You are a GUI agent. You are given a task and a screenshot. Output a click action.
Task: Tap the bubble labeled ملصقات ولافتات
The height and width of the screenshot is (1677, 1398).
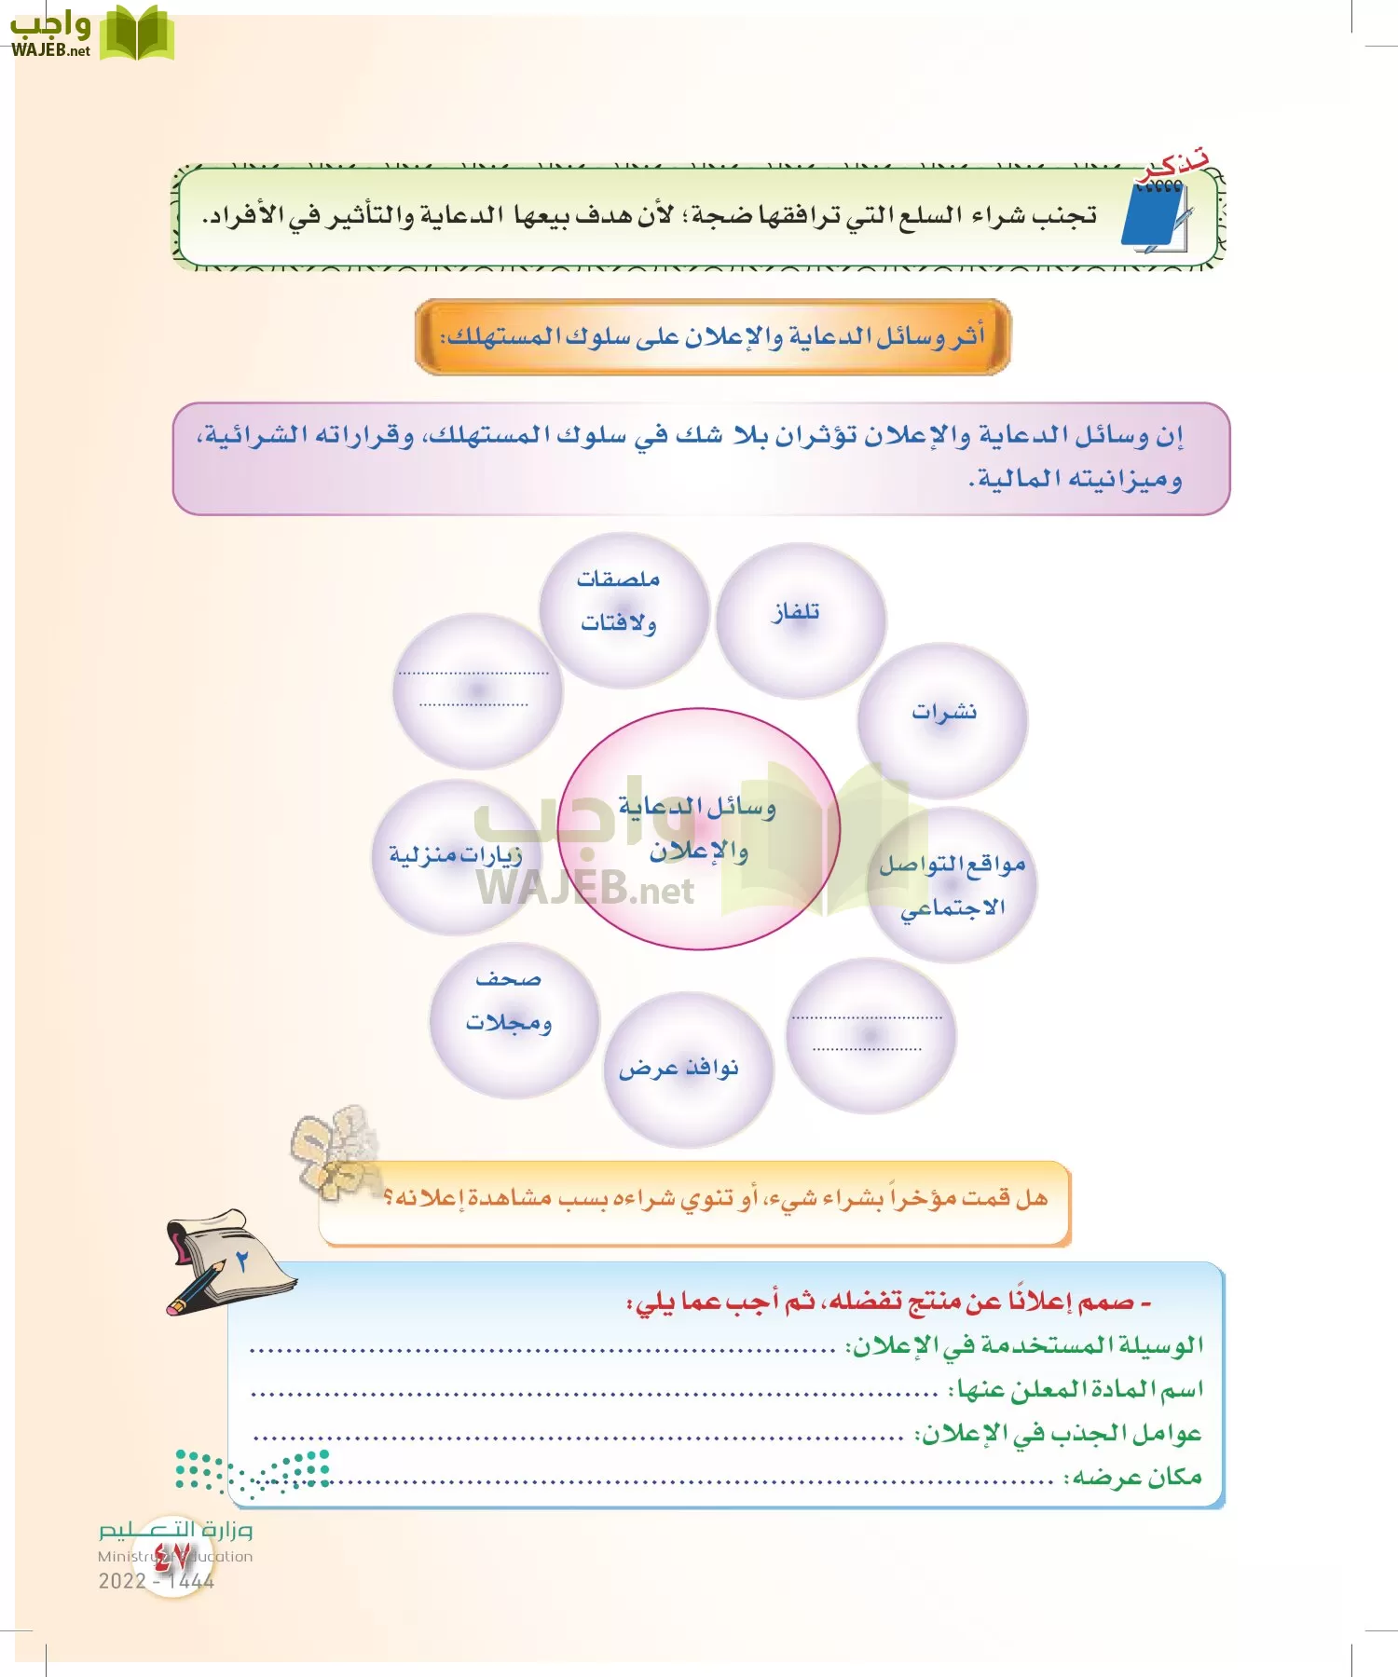click(x=623, y=609)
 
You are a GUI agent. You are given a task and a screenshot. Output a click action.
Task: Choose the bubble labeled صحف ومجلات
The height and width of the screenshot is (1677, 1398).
click(x=513, y=1019)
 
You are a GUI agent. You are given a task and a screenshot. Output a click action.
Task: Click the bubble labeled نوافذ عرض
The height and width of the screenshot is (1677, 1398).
click(x=688, y=1069)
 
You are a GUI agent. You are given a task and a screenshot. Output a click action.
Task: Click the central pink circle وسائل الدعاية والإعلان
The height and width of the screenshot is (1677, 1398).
click(x=698, y=828)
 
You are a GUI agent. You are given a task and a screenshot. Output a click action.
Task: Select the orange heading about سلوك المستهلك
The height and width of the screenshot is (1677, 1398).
click(x=713, y=336)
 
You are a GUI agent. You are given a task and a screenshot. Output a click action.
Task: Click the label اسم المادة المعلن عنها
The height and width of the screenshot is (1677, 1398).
click(x=1076, y=1390)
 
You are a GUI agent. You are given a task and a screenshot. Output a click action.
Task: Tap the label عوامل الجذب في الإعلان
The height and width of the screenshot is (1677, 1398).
click(x=1058, y=1434)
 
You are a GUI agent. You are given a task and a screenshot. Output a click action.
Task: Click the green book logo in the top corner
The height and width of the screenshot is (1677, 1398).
click(x=136, y=34)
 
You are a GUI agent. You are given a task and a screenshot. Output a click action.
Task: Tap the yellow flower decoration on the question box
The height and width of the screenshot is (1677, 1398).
click(x=336, y=1151)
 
